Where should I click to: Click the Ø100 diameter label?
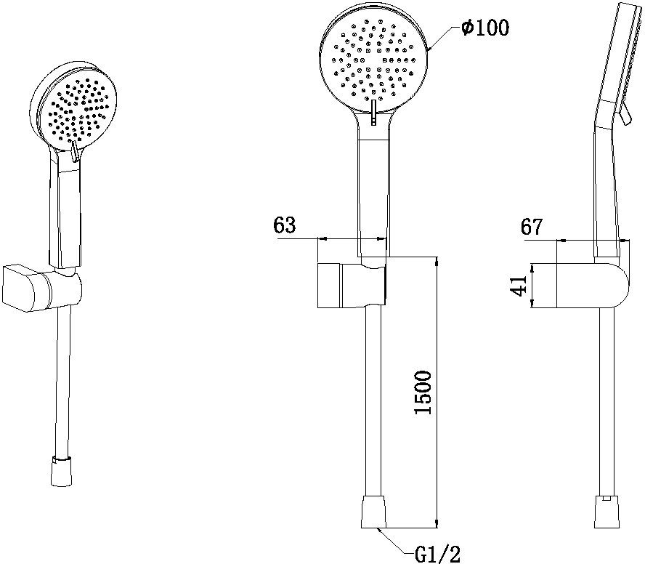pos(485,28)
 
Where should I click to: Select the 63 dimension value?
pos(284,225)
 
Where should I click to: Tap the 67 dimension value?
pos(532,227)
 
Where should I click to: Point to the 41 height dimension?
pos(519,286)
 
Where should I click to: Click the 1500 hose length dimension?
pos(423,392)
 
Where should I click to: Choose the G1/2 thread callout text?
pos(437,554)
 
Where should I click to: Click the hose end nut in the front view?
pos(373,512)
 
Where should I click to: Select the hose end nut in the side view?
pos(607,512)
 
